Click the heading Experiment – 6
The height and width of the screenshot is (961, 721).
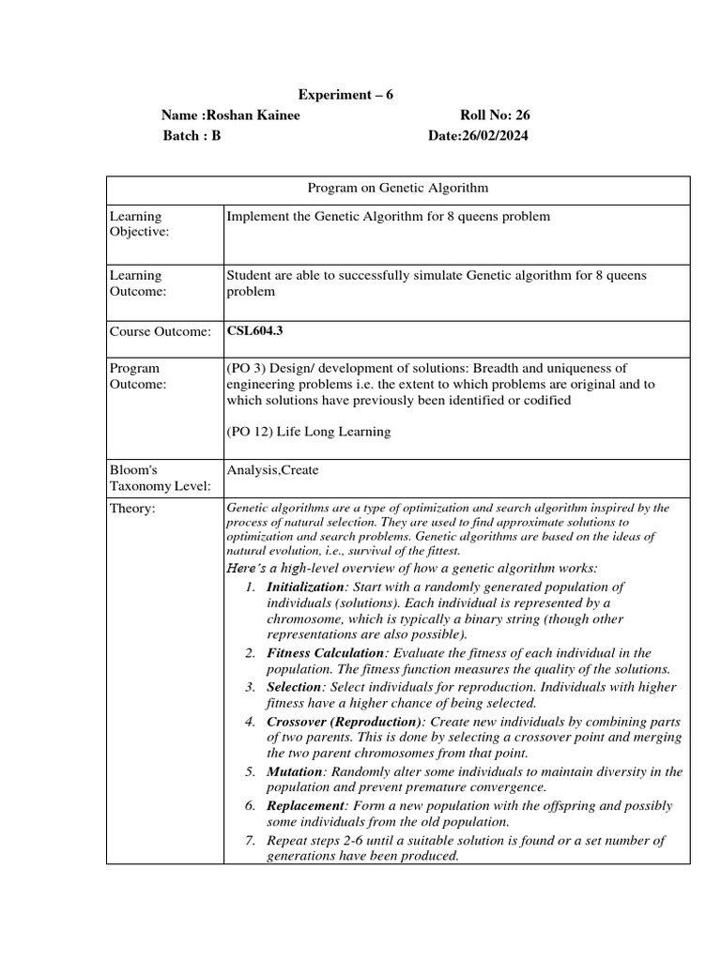(345, 95)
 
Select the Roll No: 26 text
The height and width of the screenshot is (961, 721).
(495, 115)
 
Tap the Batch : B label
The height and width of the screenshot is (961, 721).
(192, 136)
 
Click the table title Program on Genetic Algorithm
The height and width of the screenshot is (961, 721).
(398, 188)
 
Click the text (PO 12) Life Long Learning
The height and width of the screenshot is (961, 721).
(308, 432)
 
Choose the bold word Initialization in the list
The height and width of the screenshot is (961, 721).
(306, 587)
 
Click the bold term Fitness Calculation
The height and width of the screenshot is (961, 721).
(326, 653)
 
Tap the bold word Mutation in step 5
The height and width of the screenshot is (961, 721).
(294, 771)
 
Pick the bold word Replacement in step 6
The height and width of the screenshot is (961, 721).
(305, 806)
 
